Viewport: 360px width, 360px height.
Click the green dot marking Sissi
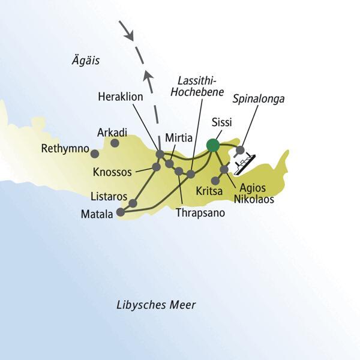pyautogui.click(x=212, y=145)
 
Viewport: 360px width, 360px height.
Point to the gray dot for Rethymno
pyautogui.click(x=94, y=154)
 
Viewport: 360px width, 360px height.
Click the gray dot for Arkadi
pyautogui.click(x=115, y=143)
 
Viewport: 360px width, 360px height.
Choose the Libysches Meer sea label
pyautogui.click(x=156, y=305)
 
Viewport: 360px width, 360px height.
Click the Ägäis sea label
pyautogui.click(x=84, y=60)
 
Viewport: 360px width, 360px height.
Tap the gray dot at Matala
pyautogui.click(x=121, y=212)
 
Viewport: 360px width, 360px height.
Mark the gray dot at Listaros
pyautogui.click(x=133, y=204)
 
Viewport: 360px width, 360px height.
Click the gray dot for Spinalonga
pyautogui.click(x=240, y=150)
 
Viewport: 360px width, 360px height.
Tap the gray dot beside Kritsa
pyautogui.click(x=215, y=180)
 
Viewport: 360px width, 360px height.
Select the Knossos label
pyautogui.click(x=113, y=172)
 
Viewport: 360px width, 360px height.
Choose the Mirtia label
pyautogui.click(x=178, y=138)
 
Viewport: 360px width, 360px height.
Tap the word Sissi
pyautogui.click(x=223, y=123)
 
